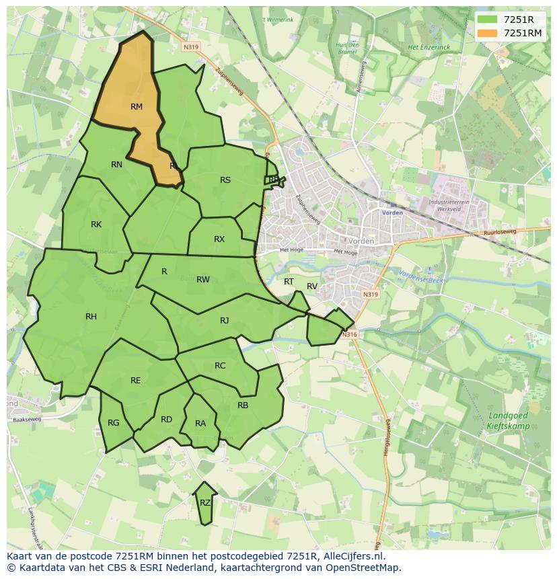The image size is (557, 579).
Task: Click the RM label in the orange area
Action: click(137, 106)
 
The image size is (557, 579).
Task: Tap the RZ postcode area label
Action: click(205, 502)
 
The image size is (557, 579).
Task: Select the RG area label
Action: click(113, 422)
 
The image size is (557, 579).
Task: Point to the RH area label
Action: click(91, 316)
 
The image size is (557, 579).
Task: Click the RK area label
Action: click(96, 224)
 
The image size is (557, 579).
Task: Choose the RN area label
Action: click(116, 164)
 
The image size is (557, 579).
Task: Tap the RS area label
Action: click(225, 180)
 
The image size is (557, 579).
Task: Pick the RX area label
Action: click(219, 239)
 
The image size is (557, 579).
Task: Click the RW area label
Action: click(203, 279)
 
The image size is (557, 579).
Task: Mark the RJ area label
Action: click(224, 320)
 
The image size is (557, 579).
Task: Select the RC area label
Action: click(220, 365)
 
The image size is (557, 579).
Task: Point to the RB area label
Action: click(243, 405)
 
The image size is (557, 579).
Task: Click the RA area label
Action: click(200, 423)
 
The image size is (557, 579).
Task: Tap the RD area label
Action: click(166, 419)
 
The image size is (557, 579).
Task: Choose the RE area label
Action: click(136, 380)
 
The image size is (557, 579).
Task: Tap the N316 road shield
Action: click(348, 334)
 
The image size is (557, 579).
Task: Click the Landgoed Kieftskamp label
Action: click(508, 421)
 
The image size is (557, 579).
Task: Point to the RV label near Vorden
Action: click(312, 286)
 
